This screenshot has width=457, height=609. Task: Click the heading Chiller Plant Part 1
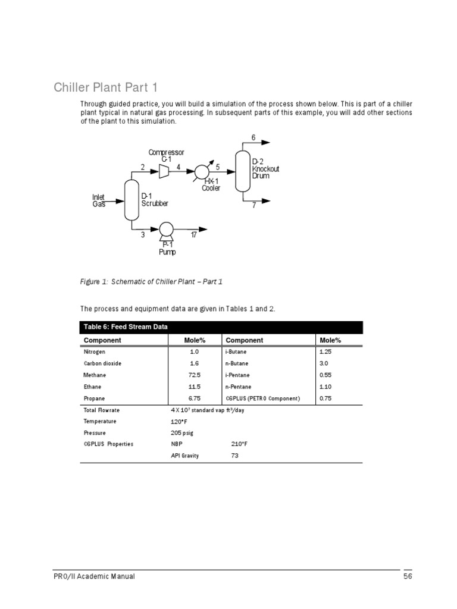[x=106, y=88]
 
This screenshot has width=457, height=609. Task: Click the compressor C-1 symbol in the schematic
[x=164, y=171]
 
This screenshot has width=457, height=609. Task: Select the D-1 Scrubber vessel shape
[x=131, y=199]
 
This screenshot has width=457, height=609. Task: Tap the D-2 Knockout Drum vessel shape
[x=242, y=171]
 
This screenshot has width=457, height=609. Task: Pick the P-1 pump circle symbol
[x=166, y=229]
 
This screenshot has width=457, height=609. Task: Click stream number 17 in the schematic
[x=193, y=236]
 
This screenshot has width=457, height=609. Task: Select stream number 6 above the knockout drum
[x=253, y=138]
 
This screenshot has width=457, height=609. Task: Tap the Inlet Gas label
[x=98, y=200]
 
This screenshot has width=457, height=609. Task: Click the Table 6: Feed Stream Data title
[x=126, y=327]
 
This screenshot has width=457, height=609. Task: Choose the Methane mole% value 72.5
[x=194, y=375]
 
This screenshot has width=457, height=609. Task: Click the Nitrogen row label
[x=95, y=351]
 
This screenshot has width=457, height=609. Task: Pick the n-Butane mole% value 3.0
[x=324, y=363]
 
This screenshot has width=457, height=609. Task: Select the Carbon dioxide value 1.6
[x=194, y=363]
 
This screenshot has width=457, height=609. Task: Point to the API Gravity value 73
[x=235, y=456]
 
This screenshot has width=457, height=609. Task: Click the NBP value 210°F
[x=239, y=444]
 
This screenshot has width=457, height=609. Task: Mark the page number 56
[x=408, y=576]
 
